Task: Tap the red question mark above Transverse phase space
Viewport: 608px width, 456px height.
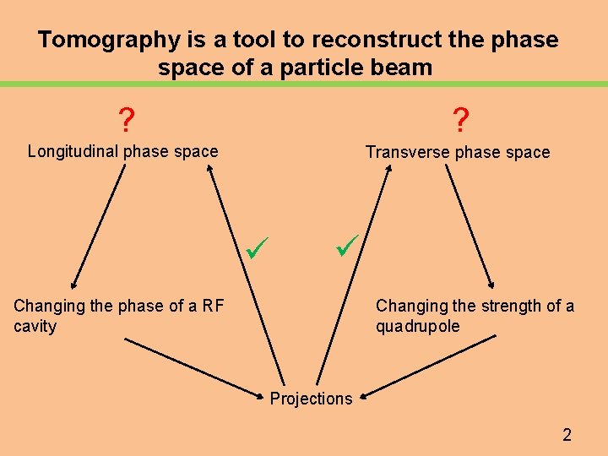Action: [460, 121]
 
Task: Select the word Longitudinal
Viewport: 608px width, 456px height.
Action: [73, 152]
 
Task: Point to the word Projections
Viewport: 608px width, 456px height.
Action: [311, 399]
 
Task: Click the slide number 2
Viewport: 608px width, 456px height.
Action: [567, 435]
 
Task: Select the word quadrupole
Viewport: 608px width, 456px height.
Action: [418, 326]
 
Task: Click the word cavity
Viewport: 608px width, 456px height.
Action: [35, 326]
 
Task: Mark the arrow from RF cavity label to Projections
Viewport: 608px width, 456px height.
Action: [194, 367]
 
